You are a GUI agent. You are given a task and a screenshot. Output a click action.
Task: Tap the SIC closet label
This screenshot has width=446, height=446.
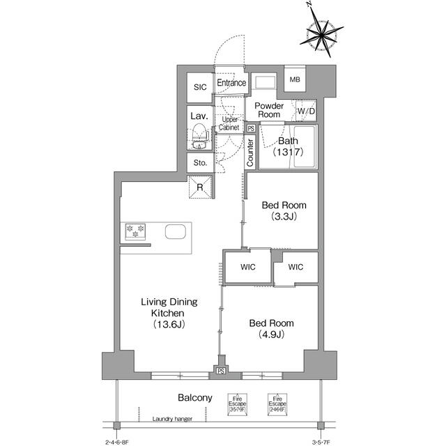(200, 87)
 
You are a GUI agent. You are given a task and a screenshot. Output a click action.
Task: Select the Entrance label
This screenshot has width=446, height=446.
(231, 83)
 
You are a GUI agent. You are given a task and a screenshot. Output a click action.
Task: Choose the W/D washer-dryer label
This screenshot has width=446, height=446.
(306, 111)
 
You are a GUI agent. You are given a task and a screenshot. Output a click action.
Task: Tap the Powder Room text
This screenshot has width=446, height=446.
(268, 110)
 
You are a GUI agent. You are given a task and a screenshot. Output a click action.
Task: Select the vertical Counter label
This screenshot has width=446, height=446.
(250, 153)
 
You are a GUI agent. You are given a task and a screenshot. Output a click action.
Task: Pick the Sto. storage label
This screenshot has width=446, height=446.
(200, 163)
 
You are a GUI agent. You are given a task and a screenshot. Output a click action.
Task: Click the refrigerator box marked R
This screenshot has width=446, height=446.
(200, 187)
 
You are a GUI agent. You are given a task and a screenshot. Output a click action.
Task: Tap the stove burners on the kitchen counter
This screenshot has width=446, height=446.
(134, 231)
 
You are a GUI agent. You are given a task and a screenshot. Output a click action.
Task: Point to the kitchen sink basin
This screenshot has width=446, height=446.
(174, 232)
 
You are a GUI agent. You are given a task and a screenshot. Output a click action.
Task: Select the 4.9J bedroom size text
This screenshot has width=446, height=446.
(272, 335)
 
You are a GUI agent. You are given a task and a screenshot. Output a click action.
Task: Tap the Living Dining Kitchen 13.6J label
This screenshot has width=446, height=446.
(169, 313)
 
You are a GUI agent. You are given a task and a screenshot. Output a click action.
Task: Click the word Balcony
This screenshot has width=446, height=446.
(194, 397)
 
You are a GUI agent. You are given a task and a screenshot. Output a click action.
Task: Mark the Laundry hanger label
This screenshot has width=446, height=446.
(173, 420)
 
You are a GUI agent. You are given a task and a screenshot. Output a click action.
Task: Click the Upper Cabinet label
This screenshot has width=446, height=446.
(229, 124)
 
